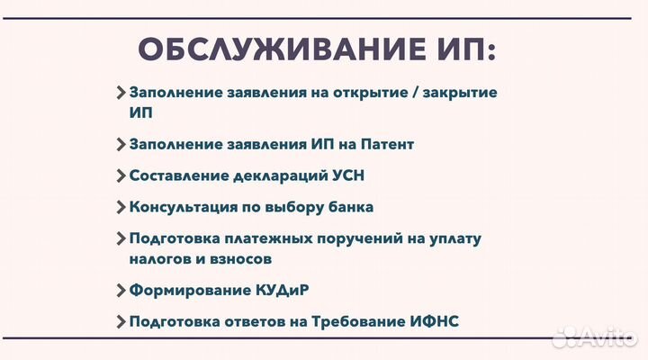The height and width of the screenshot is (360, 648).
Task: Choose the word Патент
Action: [384, 144]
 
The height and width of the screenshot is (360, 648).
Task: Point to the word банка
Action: [349, 207]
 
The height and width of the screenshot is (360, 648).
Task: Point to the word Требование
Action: [355, 321]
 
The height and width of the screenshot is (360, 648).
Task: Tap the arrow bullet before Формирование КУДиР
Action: [121, 290]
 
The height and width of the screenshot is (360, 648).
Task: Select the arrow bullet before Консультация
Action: [121, 207]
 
